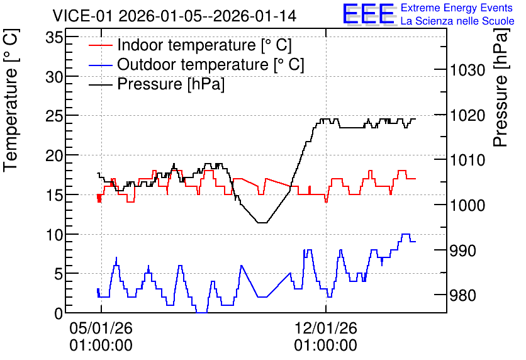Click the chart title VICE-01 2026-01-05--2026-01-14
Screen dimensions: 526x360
click(174, 16)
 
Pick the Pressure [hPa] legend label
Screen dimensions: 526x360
click(171, 84)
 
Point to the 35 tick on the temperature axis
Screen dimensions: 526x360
click(54, 38)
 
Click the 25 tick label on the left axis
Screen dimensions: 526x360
click(54, 116)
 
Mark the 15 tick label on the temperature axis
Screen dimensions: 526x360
click(54, 194)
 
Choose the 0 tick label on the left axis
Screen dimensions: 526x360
click(59, 313)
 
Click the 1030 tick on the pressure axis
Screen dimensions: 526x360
click(467, 70)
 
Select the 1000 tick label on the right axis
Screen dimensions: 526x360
click(467, 205)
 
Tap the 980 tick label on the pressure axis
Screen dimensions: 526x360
click(463, 296)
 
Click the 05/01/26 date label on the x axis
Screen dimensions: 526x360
click(101, 328)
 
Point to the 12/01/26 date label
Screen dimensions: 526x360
click(326, 328)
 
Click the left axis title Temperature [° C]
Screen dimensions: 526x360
click(11, 101)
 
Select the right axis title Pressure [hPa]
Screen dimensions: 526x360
click(501, 88)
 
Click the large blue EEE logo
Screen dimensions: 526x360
click(368, 13)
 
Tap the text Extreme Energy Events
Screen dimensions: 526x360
click(457, 8)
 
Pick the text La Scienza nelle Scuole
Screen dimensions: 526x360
click(457, 21)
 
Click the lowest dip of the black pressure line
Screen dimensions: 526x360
click(262, 222)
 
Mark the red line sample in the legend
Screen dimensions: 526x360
click(100, 45)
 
